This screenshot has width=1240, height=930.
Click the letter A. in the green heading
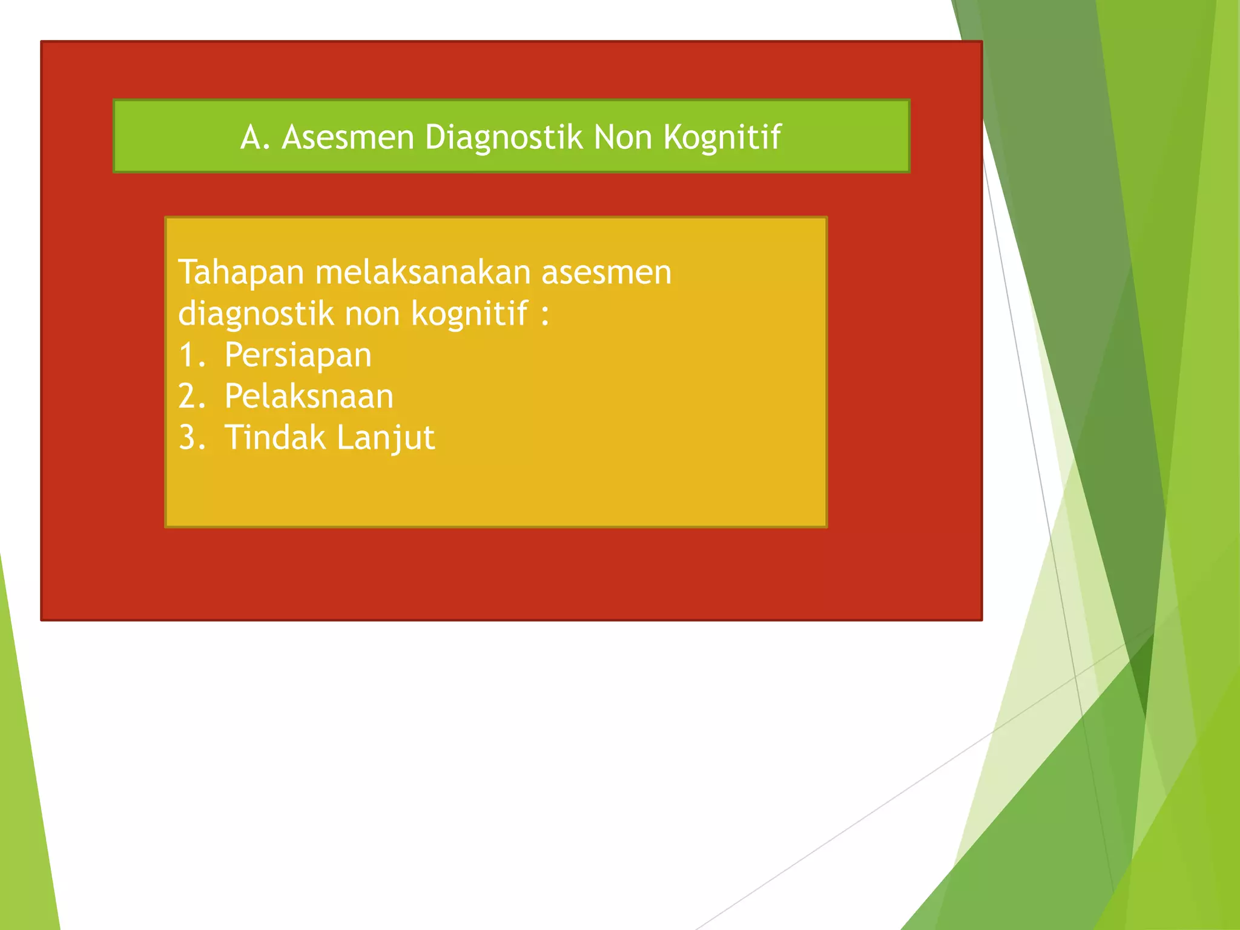coord(254,137)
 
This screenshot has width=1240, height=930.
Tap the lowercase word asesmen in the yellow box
coord(606,273)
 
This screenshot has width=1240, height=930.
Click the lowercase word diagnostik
coord(256,314)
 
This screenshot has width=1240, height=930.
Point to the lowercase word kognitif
coord(470,314)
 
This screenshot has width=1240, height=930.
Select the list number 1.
coord(191,355)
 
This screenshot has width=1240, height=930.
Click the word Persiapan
coord(298,356)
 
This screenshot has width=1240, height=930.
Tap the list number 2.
coord(191,397)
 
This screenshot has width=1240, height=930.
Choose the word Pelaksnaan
coord(309,397)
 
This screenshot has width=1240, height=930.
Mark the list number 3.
coord(191,438)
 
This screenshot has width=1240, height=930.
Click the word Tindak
coord(275,438)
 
